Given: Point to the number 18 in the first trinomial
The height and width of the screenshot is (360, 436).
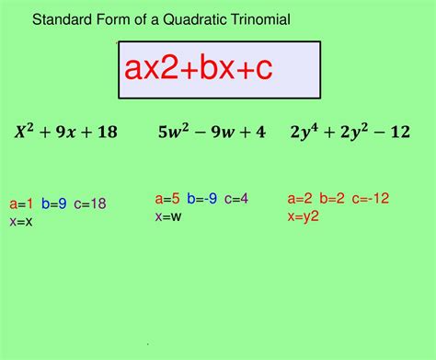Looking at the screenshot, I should click(x=108, y=132).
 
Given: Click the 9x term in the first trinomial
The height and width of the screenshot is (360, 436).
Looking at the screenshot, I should click(x=64, y=132).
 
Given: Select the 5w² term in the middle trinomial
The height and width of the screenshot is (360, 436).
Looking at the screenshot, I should click(x=173, y=132).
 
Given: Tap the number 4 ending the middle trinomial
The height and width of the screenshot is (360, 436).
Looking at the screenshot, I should click(x=261, y=132).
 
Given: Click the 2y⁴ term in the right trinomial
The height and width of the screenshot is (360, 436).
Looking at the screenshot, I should click(x=304, y=132).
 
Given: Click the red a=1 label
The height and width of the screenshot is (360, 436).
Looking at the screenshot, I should click(x=21, y=203).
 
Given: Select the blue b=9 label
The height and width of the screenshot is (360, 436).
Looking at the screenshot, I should click(x=54, y=203).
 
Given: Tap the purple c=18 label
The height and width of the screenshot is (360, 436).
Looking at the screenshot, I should click(x=91, y=203).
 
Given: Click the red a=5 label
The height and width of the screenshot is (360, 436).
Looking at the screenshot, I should click(x=166, y=198).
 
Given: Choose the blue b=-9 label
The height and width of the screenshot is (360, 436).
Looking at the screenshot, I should click(x=202, y=198).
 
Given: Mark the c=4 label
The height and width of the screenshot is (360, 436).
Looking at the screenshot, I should click(x=236, y=198).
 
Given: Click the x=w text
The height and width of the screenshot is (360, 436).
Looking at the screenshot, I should click(x=167, y=215).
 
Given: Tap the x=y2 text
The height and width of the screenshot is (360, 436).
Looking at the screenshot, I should click(x=304, y=215).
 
